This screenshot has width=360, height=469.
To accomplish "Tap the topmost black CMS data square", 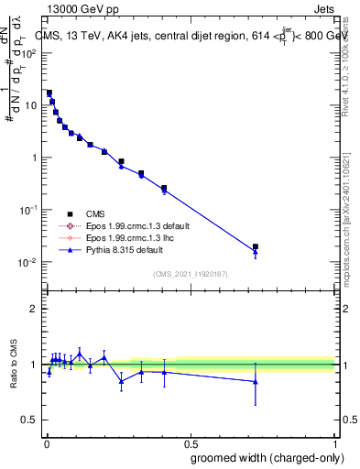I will [x=49, y=93].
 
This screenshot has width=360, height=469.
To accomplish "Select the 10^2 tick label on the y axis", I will [x=28, y=52].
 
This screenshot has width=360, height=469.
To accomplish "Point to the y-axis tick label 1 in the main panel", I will [x=34, y=158].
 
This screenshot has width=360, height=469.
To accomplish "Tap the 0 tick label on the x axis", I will [x=45, y=442].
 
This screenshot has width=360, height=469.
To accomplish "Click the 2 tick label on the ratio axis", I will [x=34, y=309].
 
